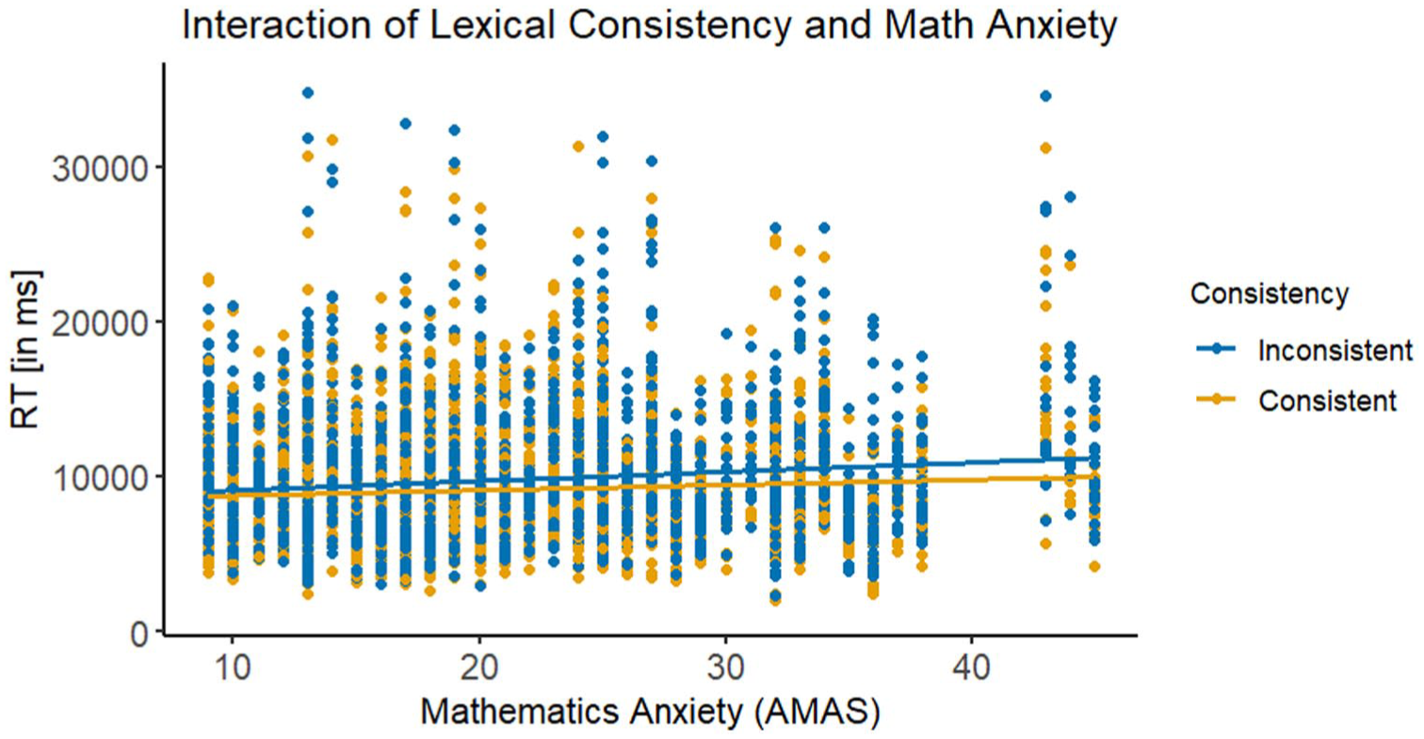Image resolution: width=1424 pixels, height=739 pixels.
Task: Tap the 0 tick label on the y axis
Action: pyautogui.click(x=139, y=631)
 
